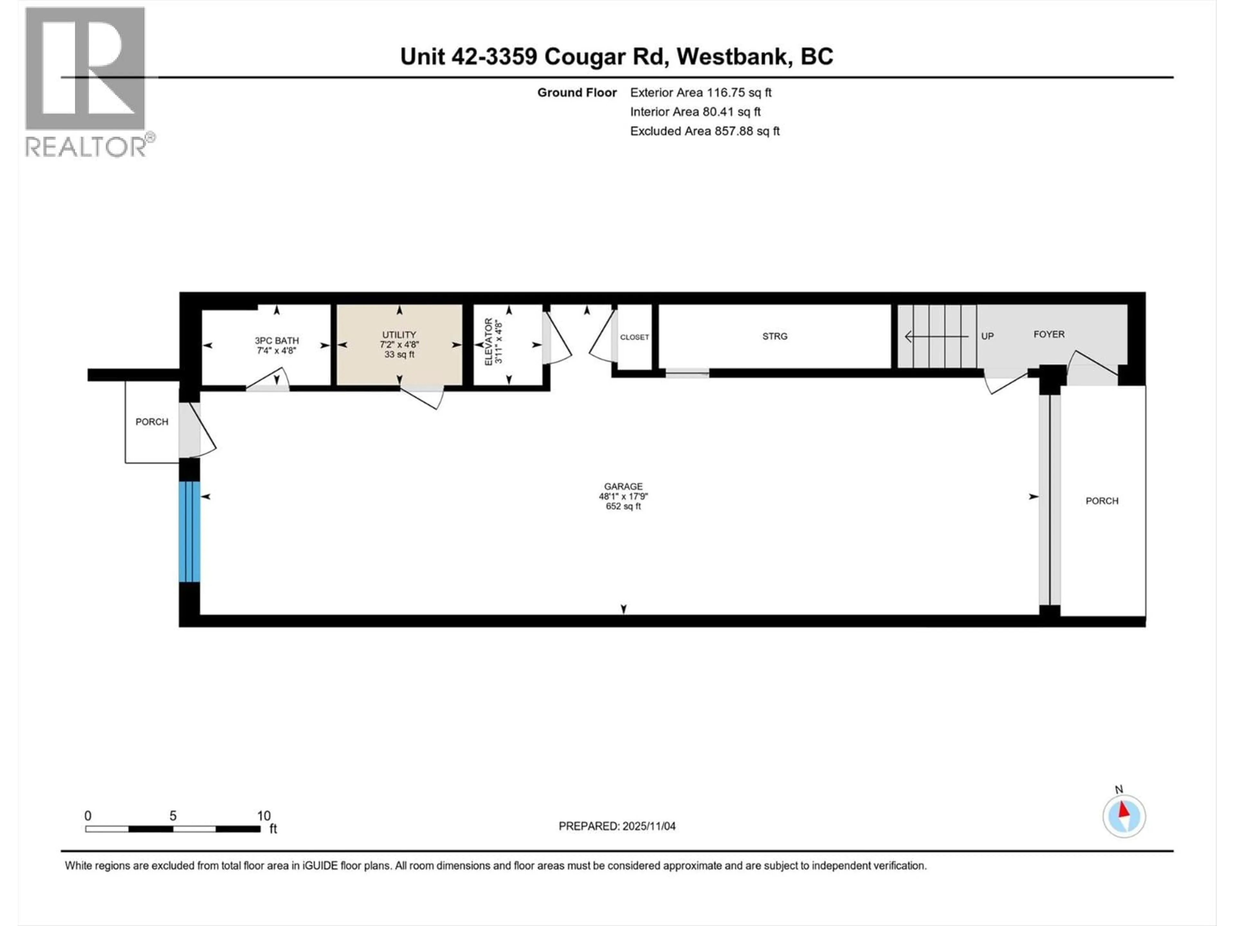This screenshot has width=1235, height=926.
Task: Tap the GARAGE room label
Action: tap(623, 486)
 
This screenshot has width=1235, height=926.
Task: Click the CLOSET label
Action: tap(634, 337)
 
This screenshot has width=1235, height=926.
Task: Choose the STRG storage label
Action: tap(774, 336)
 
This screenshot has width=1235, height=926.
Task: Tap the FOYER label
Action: tap(1048, 334)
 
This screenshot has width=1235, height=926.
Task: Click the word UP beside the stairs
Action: tap(987, 336)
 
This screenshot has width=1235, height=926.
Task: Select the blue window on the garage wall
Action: tap(189, 531)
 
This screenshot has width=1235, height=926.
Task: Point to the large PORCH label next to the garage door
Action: tap(1102, 501)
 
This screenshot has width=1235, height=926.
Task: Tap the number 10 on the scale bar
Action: tap(263, 815)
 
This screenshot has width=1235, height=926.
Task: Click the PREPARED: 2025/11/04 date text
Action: tap(617, 826)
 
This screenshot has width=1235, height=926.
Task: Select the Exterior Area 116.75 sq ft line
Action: tap(701, 93)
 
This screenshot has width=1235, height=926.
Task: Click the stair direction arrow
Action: tap(936, 337)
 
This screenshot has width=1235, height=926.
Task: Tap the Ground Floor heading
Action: tap(577, 93)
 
